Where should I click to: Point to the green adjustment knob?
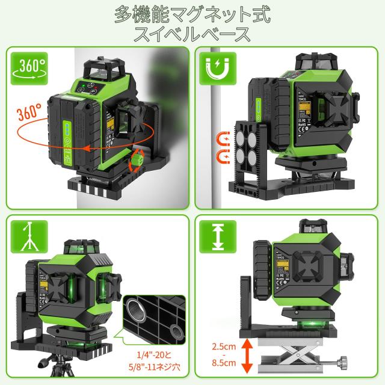point(137,160)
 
